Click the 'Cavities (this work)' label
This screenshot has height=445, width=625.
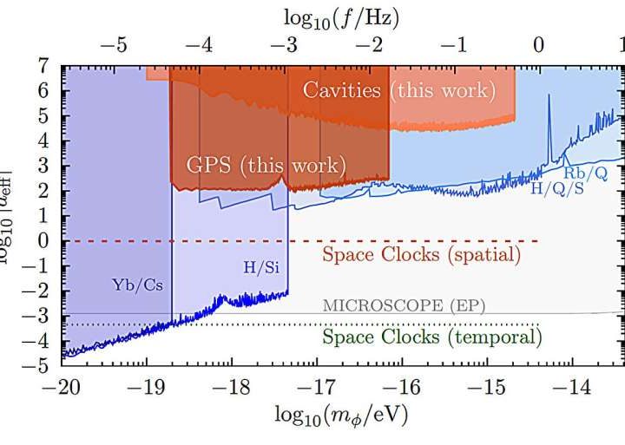(399, 90)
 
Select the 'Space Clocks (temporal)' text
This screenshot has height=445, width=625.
(431, 336)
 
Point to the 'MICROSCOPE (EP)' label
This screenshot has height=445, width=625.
(404, 304)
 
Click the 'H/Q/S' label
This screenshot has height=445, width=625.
(557, 187)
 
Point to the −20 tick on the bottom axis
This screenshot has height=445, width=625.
(60, 383)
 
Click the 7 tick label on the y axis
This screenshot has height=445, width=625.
(41, 65)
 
